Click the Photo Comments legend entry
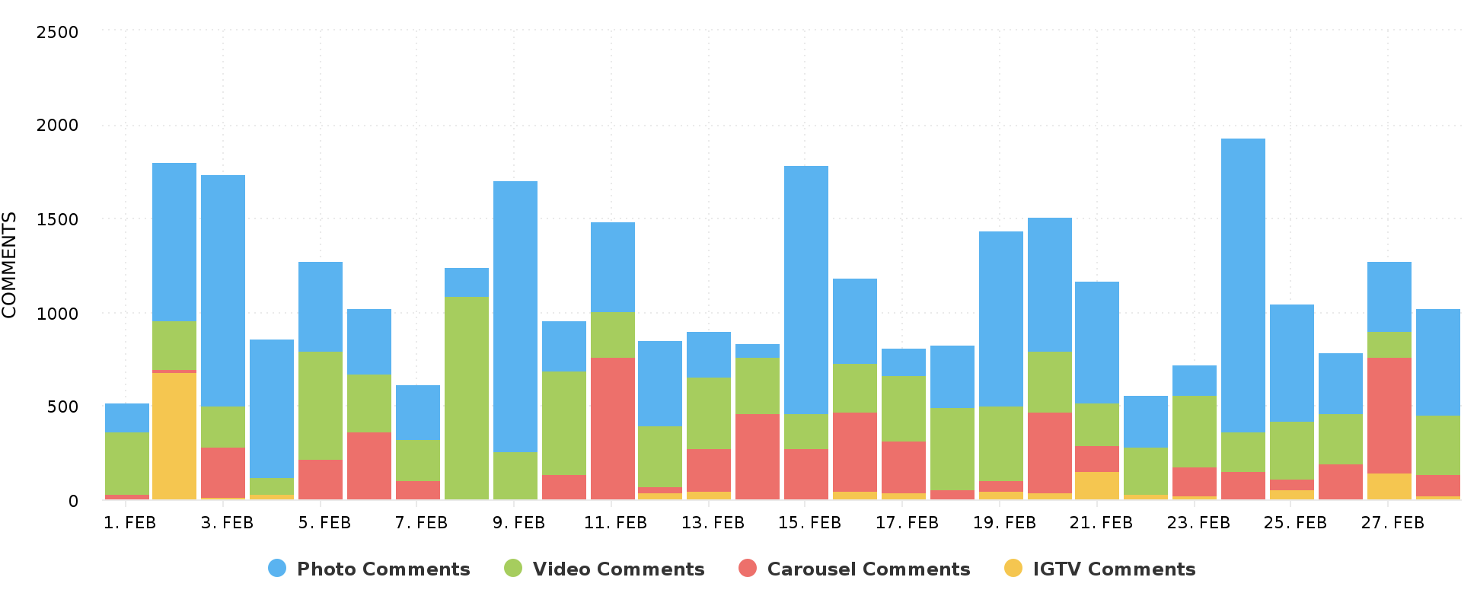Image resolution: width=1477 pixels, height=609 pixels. click(x=369, y=569)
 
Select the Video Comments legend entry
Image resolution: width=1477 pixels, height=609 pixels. click(x=605, y=569)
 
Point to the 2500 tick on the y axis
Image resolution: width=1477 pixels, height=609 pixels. click(x=57, y=32)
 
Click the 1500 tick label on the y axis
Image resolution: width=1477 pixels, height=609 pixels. click(x=57, y=219)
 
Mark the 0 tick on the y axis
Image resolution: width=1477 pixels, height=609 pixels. click(x=73, y=501)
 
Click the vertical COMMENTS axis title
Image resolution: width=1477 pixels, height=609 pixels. click(x=10, y=265)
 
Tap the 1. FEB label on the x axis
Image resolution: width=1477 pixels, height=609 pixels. click(x=129, y=523)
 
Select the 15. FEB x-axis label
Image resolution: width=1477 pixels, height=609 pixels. click(x=809, y=523)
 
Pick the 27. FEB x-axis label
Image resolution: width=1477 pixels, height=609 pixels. click(x=1392, y=523)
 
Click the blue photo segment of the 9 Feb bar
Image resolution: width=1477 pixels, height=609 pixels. click(x=515, y=316)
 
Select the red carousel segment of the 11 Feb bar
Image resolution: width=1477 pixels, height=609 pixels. click(x=613, y=428)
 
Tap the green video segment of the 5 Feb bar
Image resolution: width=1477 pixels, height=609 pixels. click(x=321, y=405)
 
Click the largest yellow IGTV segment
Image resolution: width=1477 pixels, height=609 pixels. click(x=174, y=435)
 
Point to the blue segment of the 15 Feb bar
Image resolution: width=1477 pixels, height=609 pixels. click(x=806, y=289)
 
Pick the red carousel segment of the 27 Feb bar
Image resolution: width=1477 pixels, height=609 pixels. click(x=1389, y=415)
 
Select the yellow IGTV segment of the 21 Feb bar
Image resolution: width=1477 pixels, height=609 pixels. click(x=1097, y=485)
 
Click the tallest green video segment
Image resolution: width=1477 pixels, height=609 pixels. click(x=467, y=397)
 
